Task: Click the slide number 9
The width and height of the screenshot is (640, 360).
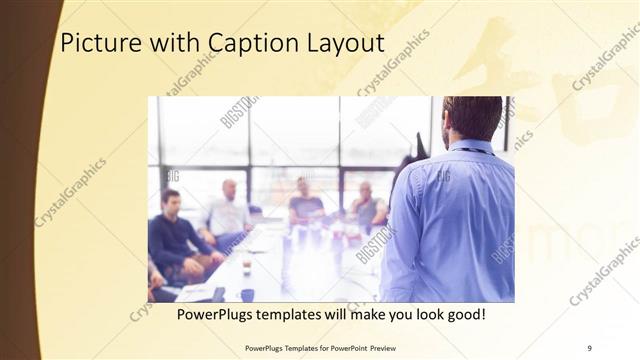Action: [x=589, y=347]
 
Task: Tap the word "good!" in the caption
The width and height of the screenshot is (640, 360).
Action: [x=464, y=315]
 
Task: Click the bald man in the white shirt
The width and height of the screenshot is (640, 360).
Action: [x=229, y=210]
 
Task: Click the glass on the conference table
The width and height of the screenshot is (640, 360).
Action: [x=246, y=267]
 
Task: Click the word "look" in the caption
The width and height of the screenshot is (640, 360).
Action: [x=420, y=315]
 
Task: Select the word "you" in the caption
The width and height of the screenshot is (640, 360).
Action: [x=389, y=315]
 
